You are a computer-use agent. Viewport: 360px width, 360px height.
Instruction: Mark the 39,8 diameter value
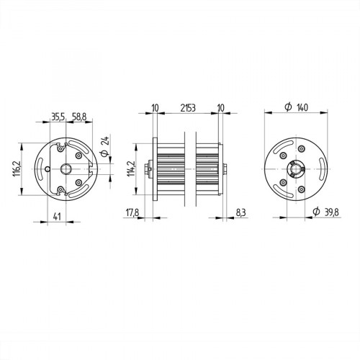click(x=332, y=213)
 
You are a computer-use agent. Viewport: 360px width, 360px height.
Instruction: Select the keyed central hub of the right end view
click(x=296, y=170)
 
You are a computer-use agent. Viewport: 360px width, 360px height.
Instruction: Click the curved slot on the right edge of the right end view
click(x=320, y=170)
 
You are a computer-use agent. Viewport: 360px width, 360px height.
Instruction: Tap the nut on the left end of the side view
click(x=148, y=170)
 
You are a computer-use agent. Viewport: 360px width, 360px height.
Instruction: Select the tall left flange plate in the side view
click(x=154, y=169)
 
